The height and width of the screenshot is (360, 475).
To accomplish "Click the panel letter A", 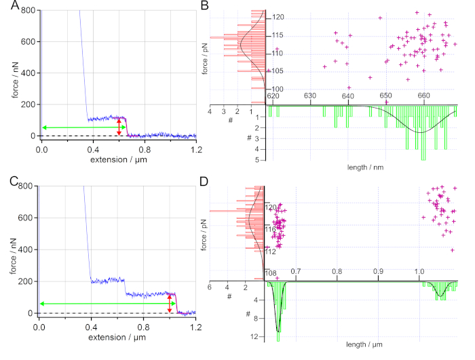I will pos(5,7).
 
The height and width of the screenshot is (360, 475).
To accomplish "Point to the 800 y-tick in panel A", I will pos(28,11).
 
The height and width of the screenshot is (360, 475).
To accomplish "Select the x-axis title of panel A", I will pos(118,161).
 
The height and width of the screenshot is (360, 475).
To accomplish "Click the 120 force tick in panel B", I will pos(278,17).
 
